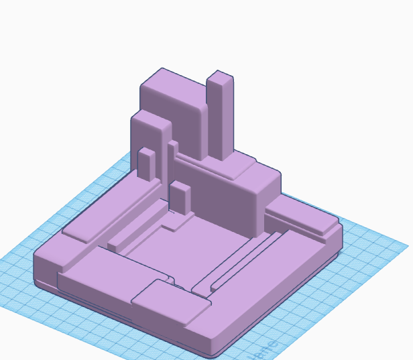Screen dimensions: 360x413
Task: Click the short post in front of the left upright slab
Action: point(146,165)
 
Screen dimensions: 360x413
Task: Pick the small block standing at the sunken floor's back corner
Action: point(181,198)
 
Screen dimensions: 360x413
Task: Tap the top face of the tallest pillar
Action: point(220,74)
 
